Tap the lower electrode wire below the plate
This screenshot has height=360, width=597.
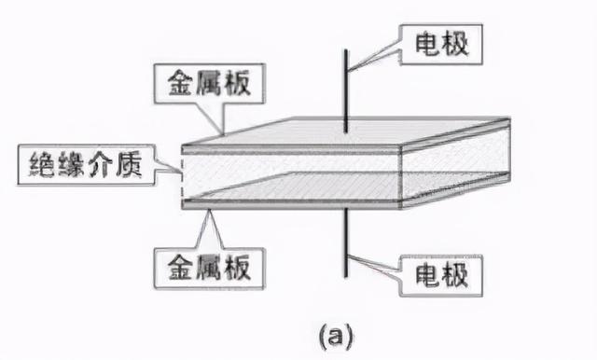pyautogui.click(x=345, y=242)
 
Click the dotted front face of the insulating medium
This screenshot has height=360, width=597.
pyautogui.click(x=289, y=168)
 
